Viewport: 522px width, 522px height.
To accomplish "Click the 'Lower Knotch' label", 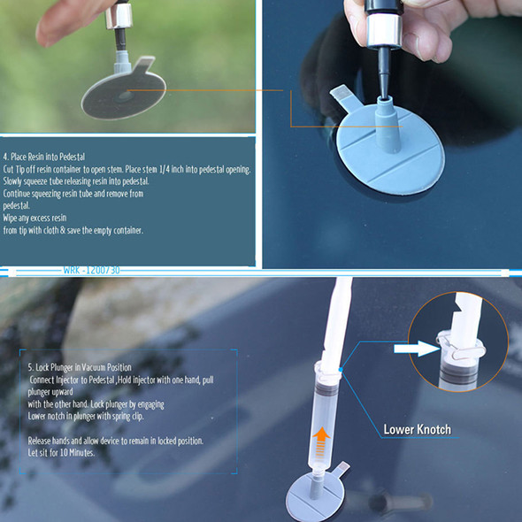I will (x=417, y=430).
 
